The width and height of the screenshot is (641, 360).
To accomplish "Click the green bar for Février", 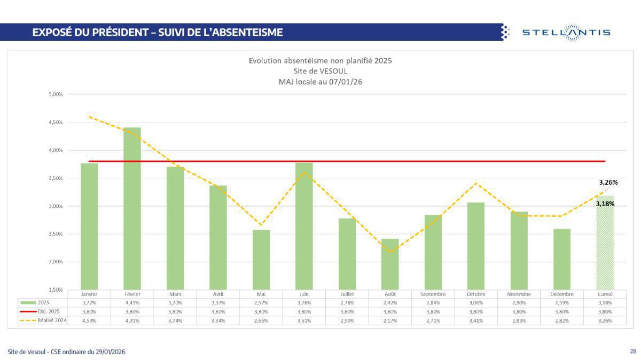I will click(x=132, y=208).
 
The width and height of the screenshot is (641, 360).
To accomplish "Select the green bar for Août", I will click(x=390, y=264).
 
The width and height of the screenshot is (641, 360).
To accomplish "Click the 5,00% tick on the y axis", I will click(x=55, y=95).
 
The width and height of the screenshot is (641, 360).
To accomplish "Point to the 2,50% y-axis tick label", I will click(x=55, y=234).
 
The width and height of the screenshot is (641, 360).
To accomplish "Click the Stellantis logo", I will click(x=566, y=32).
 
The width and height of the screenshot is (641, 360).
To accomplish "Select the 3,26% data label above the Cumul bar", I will click(x=608, y=182).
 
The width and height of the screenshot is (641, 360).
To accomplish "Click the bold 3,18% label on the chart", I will click(x=605, y=204).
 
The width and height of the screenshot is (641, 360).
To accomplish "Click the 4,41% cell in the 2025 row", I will click(x=132, y=302).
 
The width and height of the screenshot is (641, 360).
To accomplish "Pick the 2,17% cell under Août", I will click(x=390, y=320).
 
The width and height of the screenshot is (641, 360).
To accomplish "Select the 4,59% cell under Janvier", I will click(x=89, y=320).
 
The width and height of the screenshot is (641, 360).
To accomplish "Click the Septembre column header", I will click(x=433, y=294).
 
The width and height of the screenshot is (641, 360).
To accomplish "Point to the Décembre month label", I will click(x=562, y=294).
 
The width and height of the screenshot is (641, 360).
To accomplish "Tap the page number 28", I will click(x=632, y=351).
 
